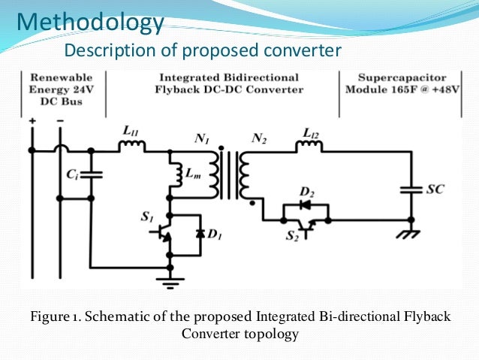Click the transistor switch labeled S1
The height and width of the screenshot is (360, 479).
(167, 234)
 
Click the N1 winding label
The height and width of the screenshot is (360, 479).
(200, 138)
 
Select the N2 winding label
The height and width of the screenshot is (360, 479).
(259, 138)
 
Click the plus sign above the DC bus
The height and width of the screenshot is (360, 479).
(32, 121)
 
